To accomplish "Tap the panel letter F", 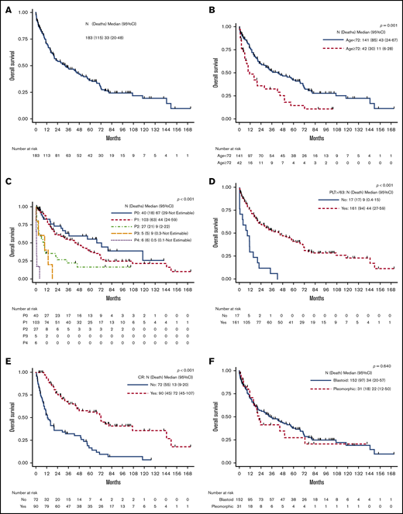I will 209,349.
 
